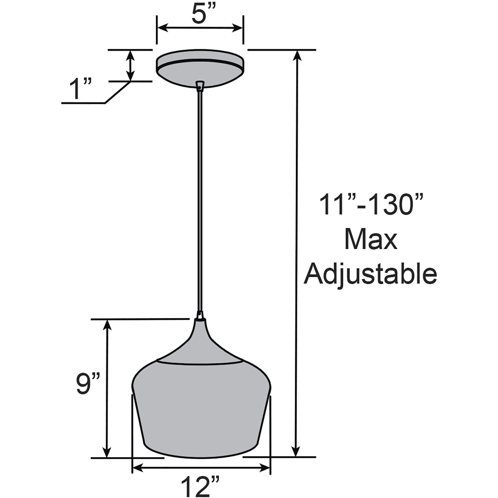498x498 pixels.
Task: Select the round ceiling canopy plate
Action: pos(200,67)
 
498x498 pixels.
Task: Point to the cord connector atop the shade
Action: pos(200,315)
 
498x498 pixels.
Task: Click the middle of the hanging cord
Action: pos(200,201)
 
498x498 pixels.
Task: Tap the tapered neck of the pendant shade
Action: pos(200,340)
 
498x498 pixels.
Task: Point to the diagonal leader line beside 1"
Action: pos(117,92)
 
